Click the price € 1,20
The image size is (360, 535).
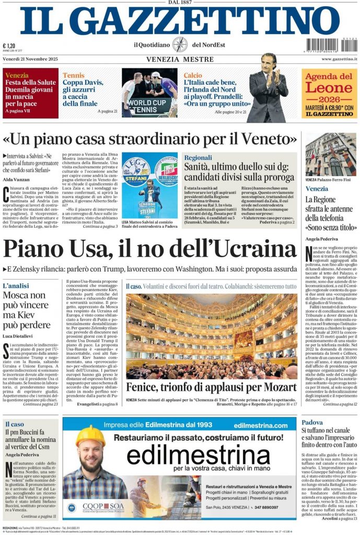point(8,45)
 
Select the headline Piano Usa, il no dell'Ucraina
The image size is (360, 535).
point(149,248)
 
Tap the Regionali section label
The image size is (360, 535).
point(198,157)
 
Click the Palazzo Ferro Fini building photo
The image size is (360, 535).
point(330,156)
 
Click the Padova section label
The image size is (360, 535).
point(312,422)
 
